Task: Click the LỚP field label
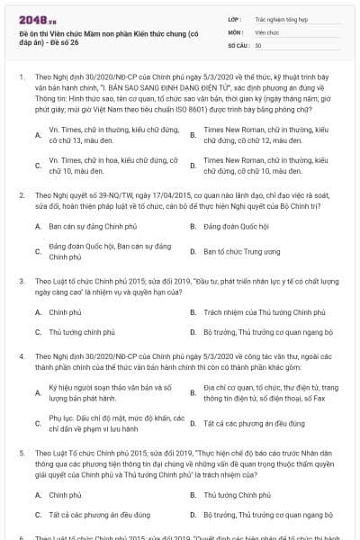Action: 234,18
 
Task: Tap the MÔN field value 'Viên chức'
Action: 268,31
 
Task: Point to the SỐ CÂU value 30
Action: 258,45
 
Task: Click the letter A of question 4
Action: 38,391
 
